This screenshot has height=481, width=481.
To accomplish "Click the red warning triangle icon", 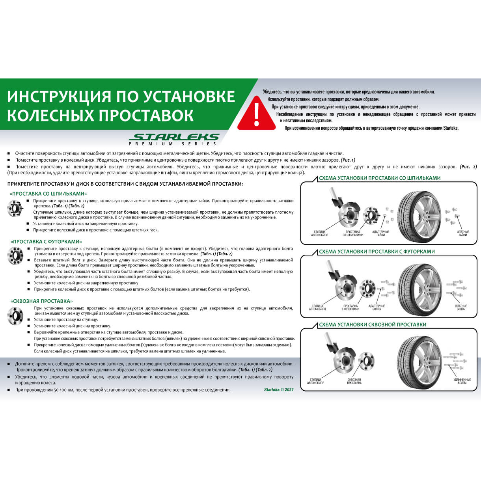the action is pyautogui.click(x=256, y=114).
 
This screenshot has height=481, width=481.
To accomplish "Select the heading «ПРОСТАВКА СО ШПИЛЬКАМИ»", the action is pyautogui.click(x=48, y=194).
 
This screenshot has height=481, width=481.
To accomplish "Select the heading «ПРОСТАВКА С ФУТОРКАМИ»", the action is pyautogui.click(x=46, y=242).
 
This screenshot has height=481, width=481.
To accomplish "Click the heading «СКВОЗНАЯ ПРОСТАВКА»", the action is pyautogui.click(x=42, y=301).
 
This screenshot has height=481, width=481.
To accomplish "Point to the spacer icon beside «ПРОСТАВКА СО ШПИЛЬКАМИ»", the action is pyautogui.click(x=15, y=208).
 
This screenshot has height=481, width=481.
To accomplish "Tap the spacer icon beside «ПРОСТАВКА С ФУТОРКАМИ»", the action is pyautogui.click(x=15, y=255).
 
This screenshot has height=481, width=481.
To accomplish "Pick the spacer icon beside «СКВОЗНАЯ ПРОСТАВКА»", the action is pyautogui.click(x=15, y=316).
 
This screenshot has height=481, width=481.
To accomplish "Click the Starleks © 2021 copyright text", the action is pyautogui.click(x=279, y=390).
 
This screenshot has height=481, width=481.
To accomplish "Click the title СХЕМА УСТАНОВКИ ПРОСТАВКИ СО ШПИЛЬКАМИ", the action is pyautogui.click(x=380, y=178).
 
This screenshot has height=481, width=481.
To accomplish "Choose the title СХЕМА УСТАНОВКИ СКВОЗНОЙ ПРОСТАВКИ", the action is pyautogui.click(x=373, y=324).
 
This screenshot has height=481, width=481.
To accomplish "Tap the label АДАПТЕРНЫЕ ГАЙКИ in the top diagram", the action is pyautogui.click(x=380, y=233).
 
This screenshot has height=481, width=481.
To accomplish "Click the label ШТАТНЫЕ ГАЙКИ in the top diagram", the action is pyautogui.click(x=463, y=233).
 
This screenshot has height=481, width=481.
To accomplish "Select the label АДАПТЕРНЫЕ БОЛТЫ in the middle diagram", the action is pyautogui.click(x=377, y=307).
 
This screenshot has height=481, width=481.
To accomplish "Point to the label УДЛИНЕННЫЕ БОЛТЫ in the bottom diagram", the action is pyautogui.click(x=462, y=381).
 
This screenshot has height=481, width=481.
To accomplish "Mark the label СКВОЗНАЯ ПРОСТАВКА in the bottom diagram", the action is pyautogui.click(x=354, y=381).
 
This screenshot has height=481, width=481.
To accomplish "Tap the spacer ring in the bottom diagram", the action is pyautogui.click(x=366, y=361).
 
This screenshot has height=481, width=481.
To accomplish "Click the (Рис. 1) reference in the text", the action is pyautogui.click(x=348, y=160).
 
